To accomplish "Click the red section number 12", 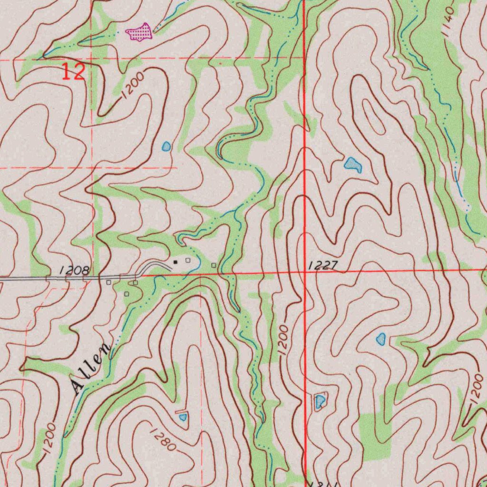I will [x=74, y=72].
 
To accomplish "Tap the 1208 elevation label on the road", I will [x=75, y=271].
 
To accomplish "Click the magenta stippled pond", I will [x=138, y=32].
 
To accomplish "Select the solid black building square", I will [x=175, y=262].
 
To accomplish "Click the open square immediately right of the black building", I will [x=188, y=260].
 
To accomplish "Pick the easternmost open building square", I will [x=214, y=265].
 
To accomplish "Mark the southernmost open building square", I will [x=127, y=294].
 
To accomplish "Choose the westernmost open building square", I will [x=109, y=282].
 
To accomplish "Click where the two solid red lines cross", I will [x=304, y=271].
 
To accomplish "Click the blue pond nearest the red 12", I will [x=166, y=146].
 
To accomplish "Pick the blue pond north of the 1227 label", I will [x=352, y=165].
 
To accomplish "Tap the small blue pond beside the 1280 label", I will [x=183, y=417].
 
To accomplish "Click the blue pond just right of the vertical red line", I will [x=320, y=401].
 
